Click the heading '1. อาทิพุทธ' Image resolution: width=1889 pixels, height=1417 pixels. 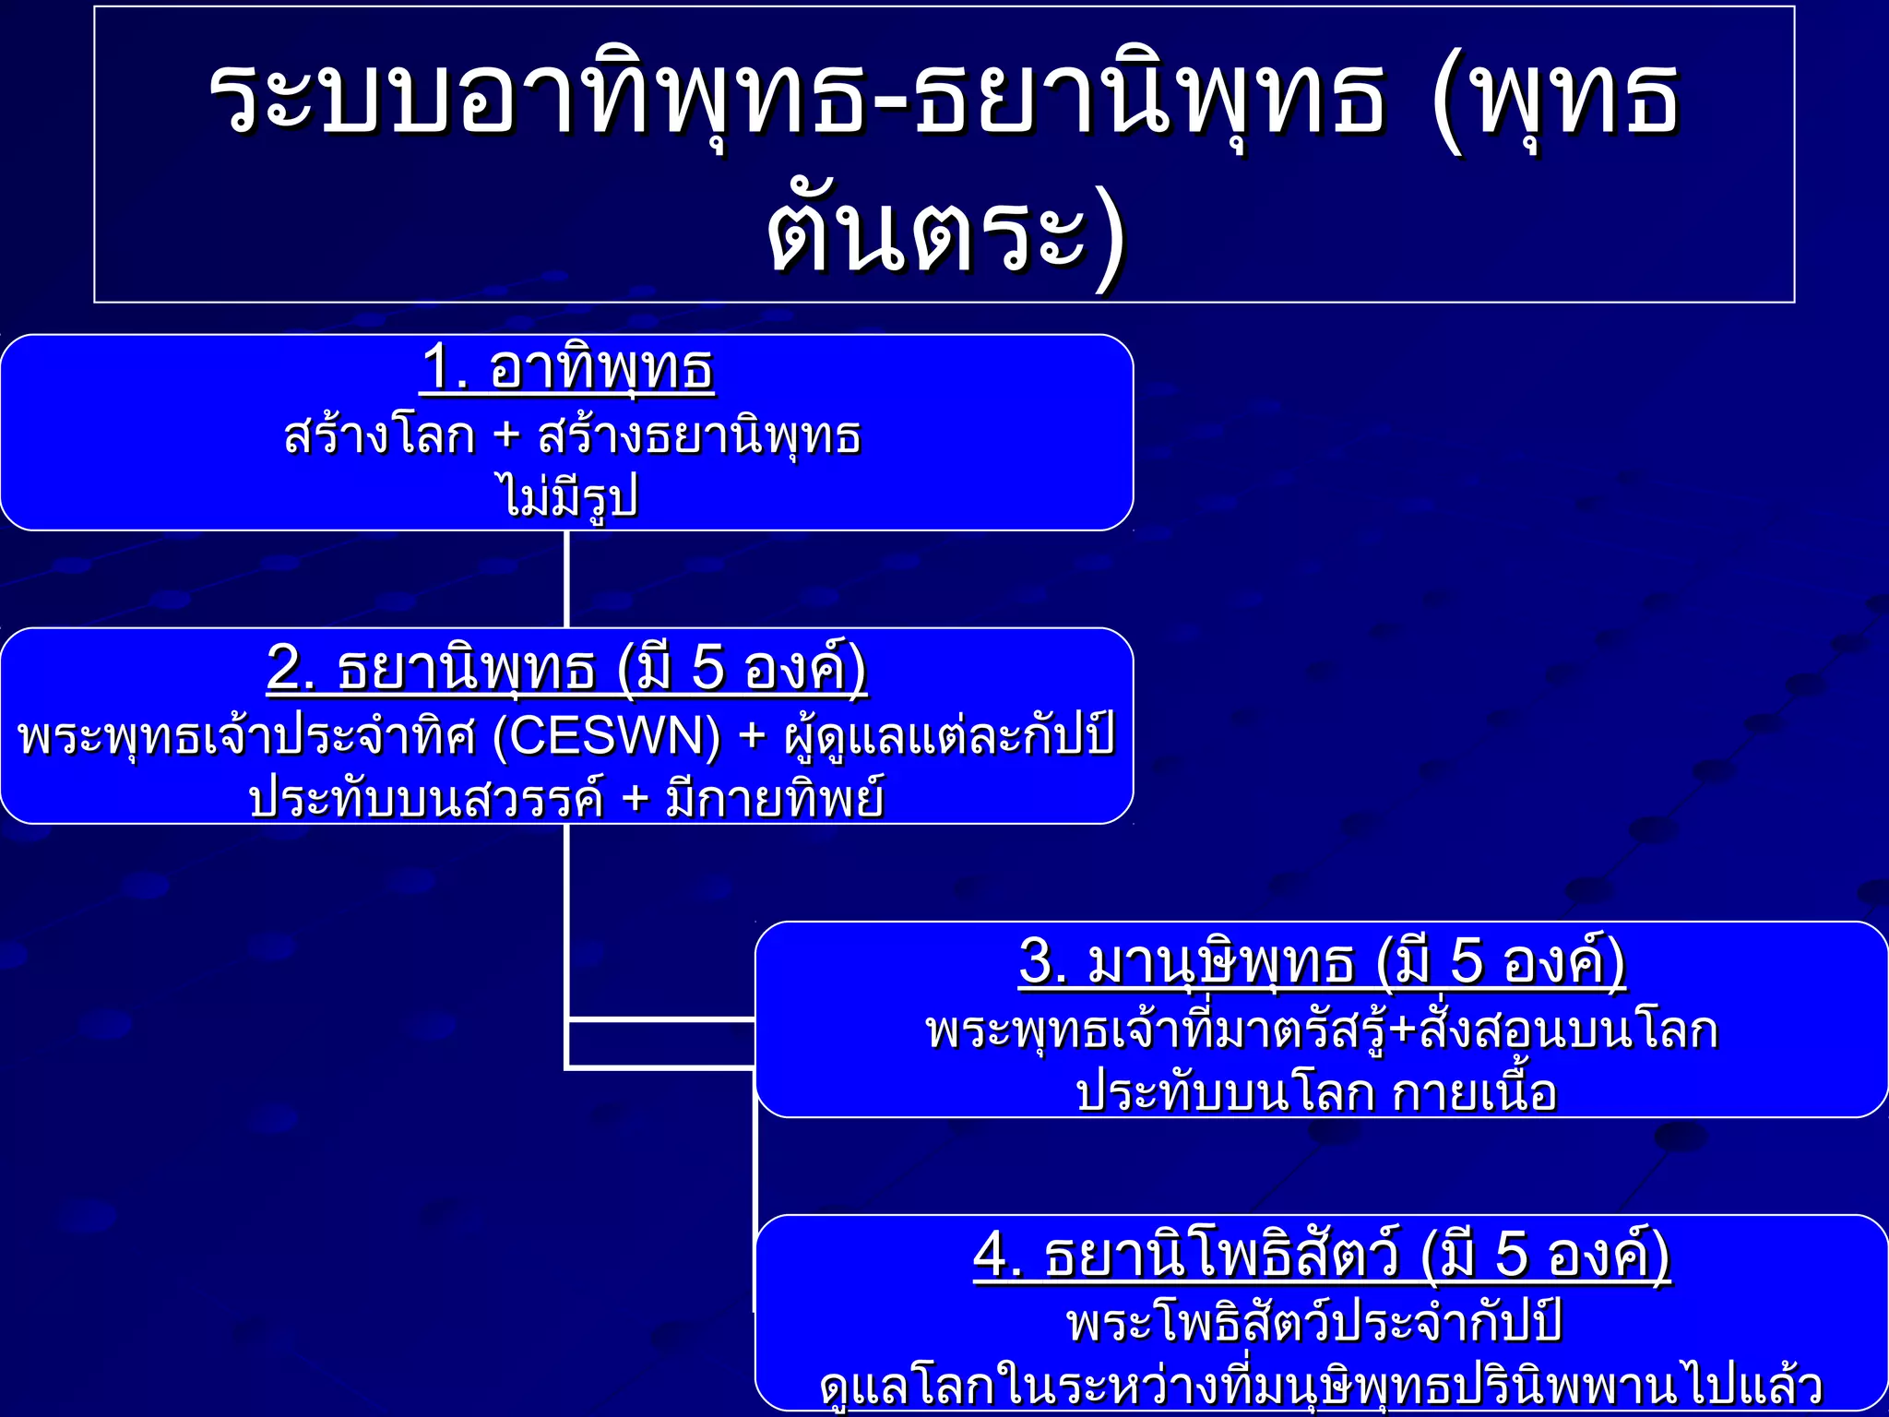pyautogui.click(x=567, y=369)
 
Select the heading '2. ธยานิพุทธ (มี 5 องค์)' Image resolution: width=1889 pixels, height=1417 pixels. pyautogui.click(x=566, y=668)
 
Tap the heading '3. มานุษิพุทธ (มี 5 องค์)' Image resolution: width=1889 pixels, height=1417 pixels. pyautogui.click(x=1321, y=961)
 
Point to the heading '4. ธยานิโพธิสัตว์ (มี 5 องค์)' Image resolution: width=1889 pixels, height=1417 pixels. pyautogui.click(x=1321, y=1255)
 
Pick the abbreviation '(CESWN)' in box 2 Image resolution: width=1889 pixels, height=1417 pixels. pyautogui.click(x=607, y=736)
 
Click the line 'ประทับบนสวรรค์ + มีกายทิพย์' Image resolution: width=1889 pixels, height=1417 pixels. pyautogui.click(x=566, y=799)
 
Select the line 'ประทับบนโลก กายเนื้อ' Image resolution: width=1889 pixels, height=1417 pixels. pyautogui.click(x=1316, y=1092)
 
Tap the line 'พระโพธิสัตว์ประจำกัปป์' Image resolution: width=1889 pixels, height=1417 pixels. pyautogui.click(x=1314, y=1321)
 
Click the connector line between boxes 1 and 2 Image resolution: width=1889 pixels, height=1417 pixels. pyautogui.click(x=566, y=579)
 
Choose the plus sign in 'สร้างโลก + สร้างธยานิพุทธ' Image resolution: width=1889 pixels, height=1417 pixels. pyautogui.click(x=506, y=435)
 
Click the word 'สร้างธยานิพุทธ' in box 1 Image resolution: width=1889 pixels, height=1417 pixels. pyautogui.click(x=699, y=435)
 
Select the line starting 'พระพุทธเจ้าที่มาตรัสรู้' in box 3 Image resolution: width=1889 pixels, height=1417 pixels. pyautogui.click(x=1321, y=1030)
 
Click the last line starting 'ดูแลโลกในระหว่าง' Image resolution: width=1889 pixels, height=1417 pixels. pyautogui.click(x=1321, y=1386)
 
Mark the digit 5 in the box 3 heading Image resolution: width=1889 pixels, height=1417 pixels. pyautogui.click(x=1467, y=961)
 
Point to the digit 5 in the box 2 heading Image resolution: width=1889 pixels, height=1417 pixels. pyautogui.click(x=707, y=668)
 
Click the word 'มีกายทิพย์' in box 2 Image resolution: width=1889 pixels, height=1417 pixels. pyautogui.click(x=775, y=799)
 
